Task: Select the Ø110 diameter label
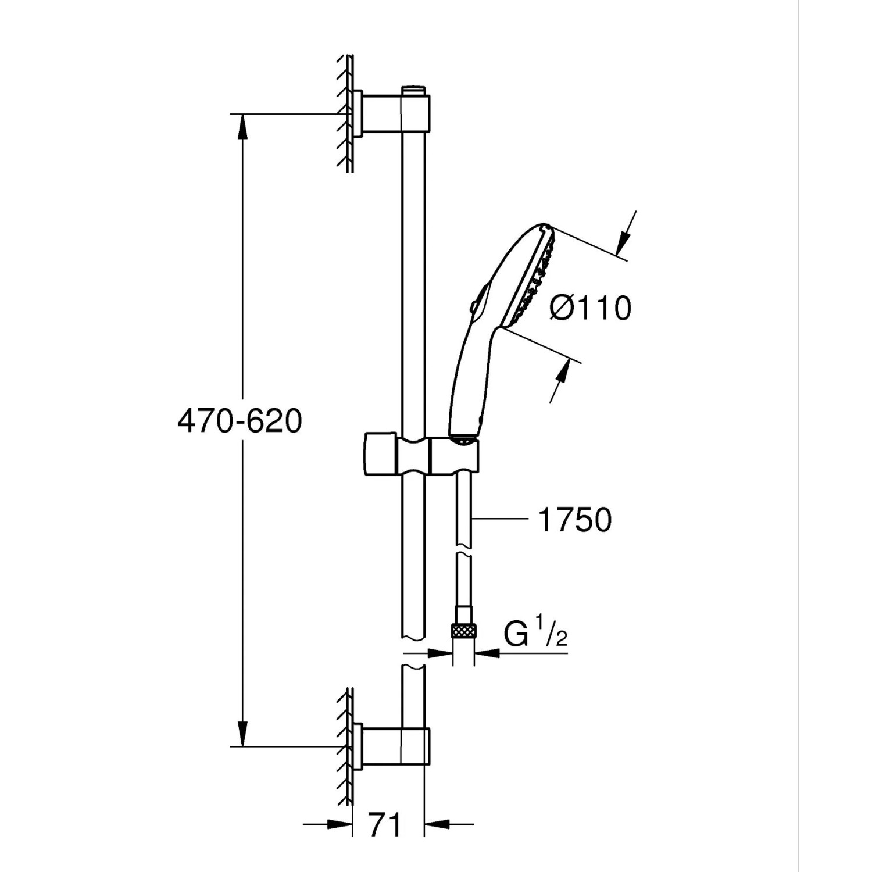tap(590, 308)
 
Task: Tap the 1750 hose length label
tap(575, 519)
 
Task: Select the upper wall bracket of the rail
tap(384, 114)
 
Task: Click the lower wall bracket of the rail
tap(384, 745)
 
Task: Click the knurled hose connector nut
tap(463, 630)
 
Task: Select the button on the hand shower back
tap(474, 303)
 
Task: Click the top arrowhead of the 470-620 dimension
tap(242, 126)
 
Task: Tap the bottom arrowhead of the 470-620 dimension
tap(242, 734)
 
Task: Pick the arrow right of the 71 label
tap(439, 824)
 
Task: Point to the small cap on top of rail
tap(413, 91)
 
